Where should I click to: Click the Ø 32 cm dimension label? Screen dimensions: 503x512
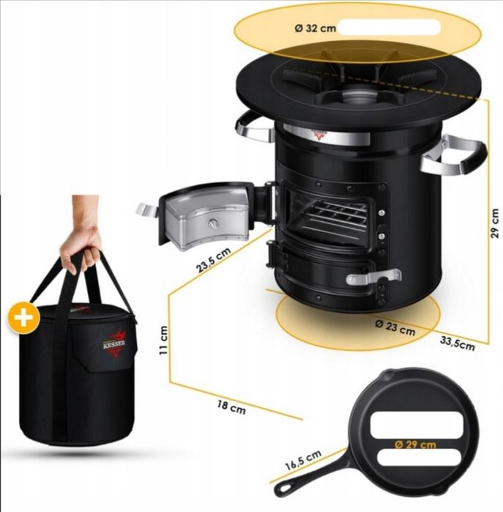coord(315,29)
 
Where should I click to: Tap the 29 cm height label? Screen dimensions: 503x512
coord(494,223)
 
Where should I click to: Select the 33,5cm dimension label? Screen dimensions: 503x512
coord(458,344)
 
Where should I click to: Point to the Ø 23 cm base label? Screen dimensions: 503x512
coord(395,328)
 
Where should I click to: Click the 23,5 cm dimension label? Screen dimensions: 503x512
coord(214,260)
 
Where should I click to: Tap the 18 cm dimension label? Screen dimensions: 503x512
coord(231,408)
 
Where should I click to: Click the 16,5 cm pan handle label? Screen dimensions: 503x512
coord(303,460)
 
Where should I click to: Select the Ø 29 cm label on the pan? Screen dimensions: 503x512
coord(415,445)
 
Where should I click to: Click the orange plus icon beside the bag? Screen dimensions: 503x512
coord(24,317)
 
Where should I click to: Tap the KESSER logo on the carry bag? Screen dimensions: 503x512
coord(114,343)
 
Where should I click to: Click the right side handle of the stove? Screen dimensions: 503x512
coord(454,154)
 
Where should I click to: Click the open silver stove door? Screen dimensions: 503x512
coord(206,215)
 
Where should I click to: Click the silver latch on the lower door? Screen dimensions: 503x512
coord(373,277)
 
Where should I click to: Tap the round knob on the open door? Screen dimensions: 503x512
coord(212,223)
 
